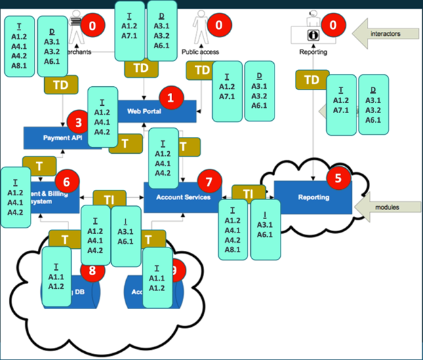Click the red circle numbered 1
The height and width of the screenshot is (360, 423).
click(x=170, y=98)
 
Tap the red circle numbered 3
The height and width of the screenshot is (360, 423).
click(x=79, y=122)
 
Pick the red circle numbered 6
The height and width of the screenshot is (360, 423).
click(x=67, y=181)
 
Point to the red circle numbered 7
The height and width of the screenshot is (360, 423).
click(x=209, y=181)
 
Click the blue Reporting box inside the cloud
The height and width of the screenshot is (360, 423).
click(x=314, y=197)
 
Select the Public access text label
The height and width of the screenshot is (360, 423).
click(x=199, y=52)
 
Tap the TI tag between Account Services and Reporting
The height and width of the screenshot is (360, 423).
click(x=248, y=193)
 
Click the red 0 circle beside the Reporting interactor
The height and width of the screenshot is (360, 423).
click(x=333, y=26)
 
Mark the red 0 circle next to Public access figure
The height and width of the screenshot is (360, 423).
click(x=218, y=26)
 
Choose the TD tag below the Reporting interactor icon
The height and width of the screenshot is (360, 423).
click(x=312, y=79)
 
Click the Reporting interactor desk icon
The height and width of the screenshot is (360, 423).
click(x=312, y=33)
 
